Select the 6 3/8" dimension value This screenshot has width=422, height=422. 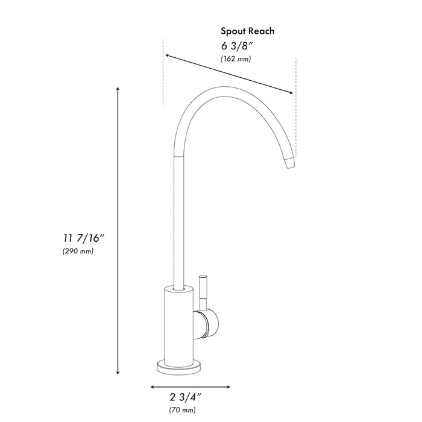tap(235, 45)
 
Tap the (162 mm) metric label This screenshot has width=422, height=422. tap(236, 59)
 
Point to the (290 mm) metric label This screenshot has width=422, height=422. tap(78, 251)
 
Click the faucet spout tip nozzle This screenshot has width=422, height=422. tap(290, 162)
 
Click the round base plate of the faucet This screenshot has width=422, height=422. tap(180, 365)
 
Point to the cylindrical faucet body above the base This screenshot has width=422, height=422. tap(180, 323)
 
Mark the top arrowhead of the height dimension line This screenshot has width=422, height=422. tap(118, 89)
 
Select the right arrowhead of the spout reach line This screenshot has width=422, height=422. tap(292, 93)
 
